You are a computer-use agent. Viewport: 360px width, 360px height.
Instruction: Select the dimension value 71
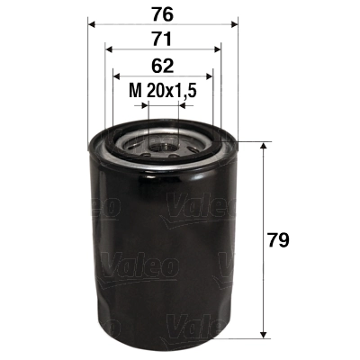[161, 40]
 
